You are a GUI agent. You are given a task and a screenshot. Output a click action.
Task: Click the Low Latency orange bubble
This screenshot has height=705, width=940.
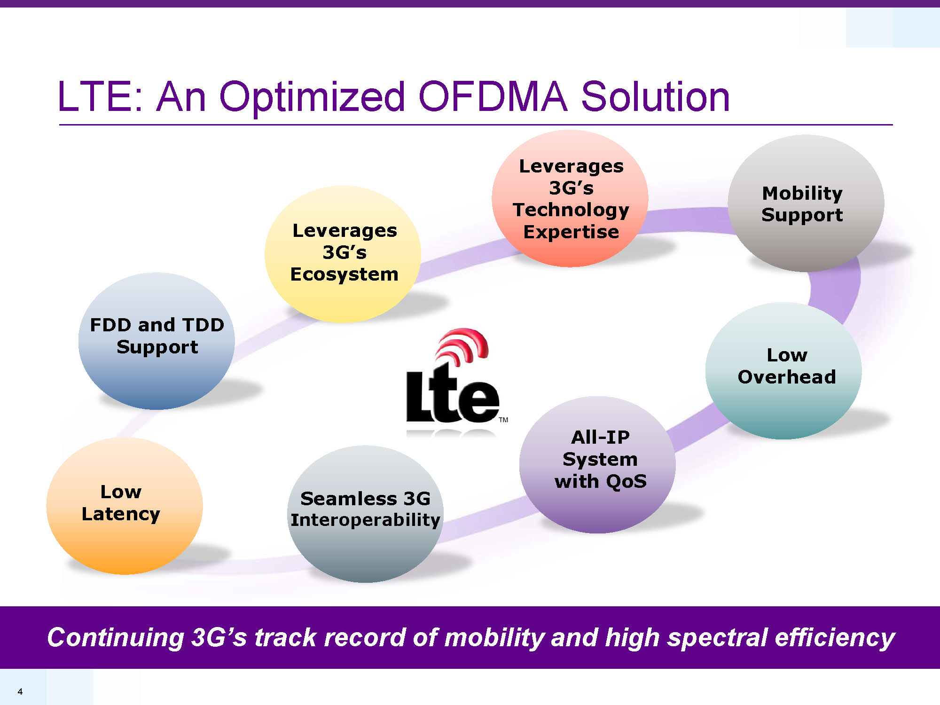click(125, 506)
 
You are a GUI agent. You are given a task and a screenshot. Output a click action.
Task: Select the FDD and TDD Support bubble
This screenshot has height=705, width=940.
click(157, 341)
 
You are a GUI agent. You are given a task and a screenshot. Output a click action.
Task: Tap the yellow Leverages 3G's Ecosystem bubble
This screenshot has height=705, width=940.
click(343, 254)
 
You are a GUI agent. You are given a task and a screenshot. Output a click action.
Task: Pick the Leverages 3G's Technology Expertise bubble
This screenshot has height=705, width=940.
click(570, 198)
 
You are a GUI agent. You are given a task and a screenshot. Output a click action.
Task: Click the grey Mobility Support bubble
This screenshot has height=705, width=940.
click(806, 203)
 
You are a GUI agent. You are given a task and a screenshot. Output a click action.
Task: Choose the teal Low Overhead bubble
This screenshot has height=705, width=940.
click(783, 371)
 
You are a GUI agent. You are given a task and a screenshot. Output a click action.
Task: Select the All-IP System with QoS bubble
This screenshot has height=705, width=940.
click(597, 465)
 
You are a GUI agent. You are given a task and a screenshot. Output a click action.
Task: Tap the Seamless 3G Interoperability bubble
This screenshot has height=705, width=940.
click(365, 514)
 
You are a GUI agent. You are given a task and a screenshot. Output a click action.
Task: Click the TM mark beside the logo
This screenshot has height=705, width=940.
click(503, 420)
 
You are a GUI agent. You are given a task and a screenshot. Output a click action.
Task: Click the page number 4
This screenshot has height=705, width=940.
click(20, 691)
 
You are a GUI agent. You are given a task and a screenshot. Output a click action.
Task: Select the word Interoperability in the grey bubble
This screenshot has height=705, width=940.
click(366, 520)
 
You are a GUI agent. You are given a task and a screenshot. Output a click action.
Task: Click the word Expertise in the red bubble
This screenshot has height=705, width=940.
click(571, 232)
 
